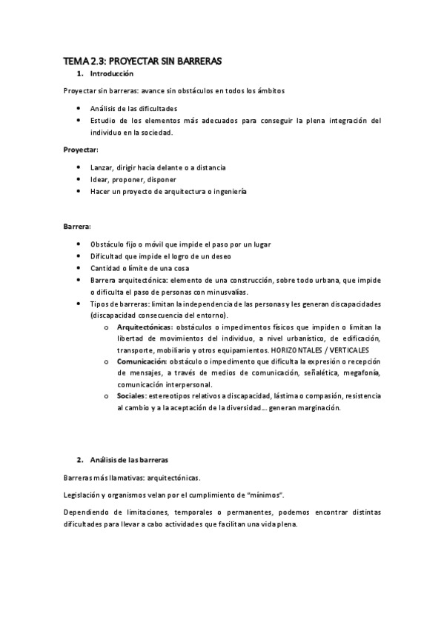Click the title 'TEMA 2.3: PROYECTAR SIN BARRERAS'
[142, 62]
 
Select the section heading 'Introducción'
[111, 75]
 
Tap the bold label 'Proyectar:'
[82, 150]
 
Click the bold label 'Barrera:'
[78, 225]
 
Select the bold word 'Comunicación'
[142, 361]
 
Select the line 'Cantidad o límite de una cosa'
[139, 267]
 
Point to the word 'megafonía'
[361, 373]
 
